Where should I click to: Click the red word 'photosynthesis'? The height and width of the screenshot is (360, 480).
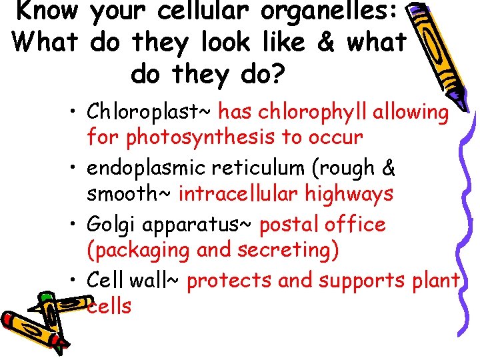pos(203,137)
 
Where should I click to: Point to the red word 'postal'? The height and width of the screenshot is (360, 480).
pos(291,225)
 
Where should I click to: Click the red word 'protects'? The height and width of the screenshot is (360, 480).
pos(229,281)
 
